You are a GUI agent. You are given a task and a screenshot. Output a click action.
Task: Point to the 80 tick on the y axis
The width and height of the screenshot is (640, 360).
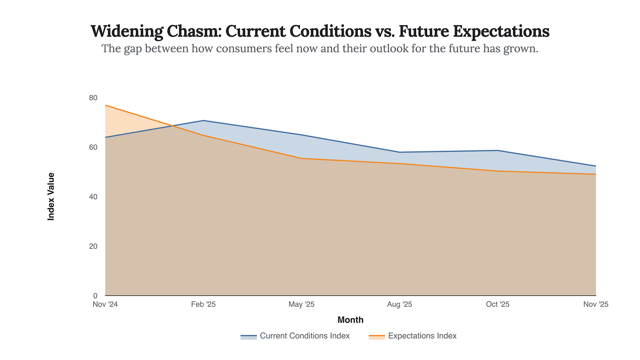93,98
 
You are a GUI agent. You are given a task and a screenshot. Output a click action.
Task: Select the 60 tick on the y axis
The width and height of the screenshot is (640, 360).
93,147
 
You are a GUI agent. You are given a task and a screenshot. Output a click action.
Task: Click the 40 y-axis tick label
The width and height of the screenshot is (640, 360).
93,196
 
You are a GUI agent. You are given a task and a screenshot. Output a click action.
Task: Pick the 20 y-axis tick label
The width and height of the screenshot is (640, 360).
93,246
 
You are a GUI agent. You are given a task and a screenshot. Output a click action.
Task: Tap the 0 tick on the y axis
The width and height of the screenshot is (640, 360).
95,295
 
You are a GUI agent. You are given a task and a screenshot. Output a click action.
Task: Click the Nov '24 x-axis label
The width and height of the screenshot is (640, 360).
105,304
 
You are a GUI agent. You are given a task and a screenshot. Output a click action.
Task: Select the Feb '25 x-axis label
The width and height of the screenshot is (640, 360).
204,304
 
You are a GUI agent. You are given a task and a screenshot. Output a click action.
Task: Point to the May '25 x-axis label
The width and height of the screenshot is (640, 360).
302,304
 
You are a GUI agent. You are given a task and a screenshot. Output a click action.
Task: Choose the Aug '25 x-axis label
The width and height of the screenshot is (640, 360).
400,304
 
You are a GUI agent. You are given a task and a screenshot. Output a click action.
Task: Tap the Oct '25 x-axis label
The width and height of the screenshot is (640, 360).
498,304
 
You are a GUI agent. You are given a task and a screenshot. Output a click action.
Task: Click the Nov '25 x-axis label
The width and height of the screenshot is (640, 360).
596,304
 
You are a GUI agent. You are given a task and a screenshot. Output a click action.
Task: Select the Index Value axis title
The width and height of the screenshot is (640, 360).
51,196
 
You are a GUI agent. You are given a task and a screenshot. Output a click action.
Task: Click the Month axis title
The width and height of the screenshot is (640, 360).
350,320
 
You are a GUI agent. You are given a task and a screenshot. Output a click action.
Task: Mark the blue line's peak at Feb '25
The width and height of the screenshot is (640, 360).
204,120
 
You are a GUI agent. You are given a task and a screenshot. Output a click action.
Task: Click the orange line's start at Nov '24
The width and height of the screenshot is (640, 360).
106,105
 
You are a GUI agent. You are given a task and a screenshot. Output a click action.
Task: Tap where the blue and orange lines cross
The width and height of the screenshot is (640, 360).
171,126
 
